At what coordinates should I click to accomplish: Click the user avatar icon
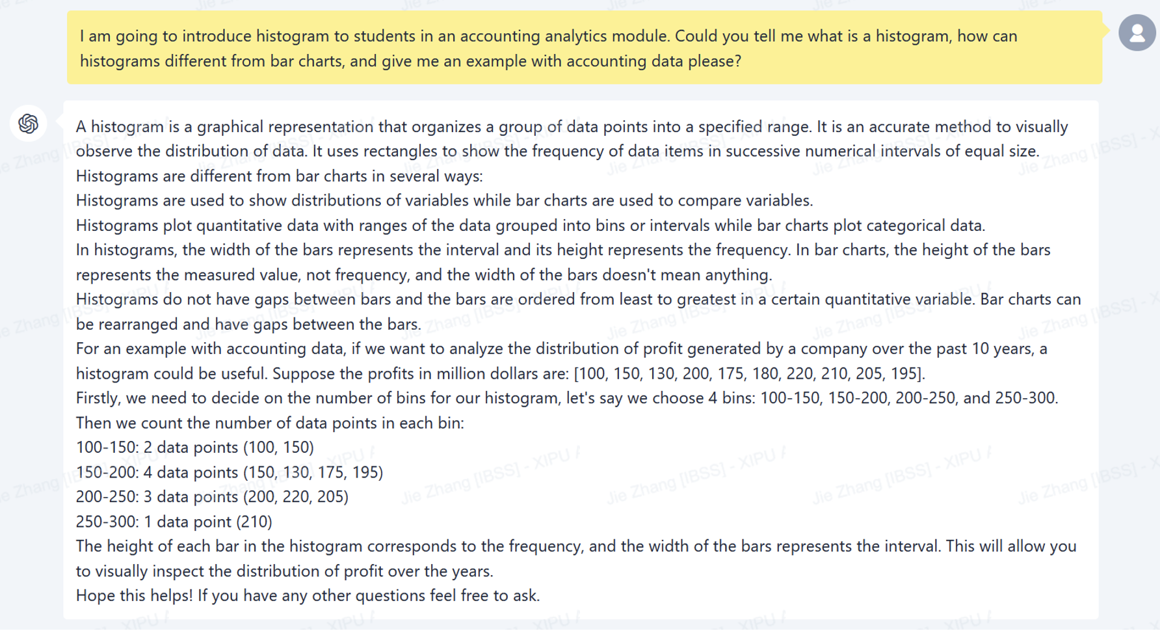pos(1137,33)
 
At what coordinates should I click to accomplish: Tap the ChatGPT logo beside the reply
pos(28,123)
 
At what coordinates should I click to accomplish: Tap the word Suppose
pos(302,373)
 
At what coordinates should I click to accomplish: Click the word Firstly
pos(98,398)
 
